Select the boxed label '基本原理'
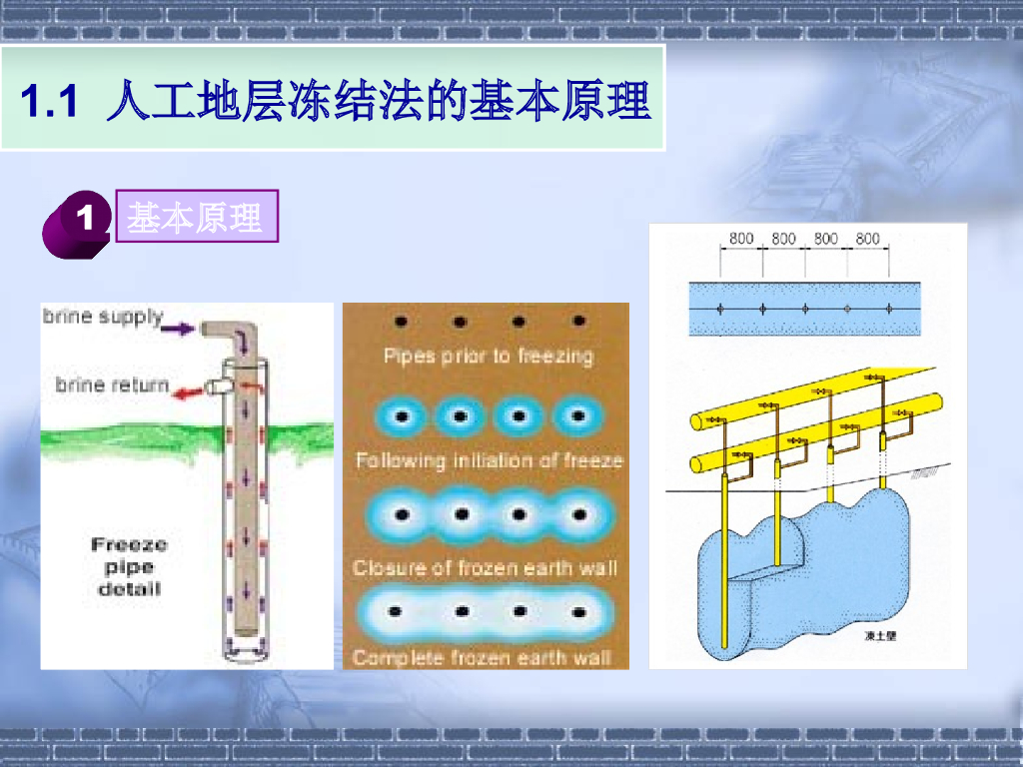[195, 217]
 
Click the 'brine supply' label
[102, 318]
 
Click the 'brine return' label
[111, 384]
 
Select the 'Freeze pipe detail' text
[129, 566]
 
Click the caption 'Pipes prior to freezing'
[488, 356]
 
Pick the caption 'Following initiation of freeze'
[489, 460]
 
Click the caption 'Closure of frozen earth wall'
[486, 567]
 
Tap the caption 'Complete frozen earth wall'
[482, 658]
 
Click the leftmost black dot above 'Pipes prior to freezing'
[401, 322]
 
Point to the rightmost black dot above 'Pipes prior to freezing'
[577, 322]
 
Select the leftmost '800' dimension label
[741, 239]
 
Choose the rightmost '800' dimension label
[868, 239]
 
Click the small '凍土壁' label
[881, 635]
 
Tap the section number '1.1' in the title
[49, 102]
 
